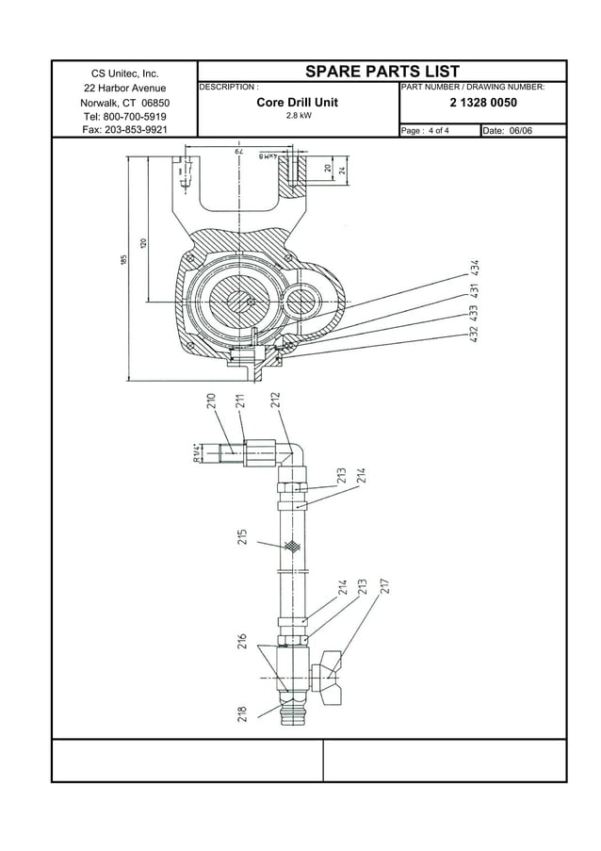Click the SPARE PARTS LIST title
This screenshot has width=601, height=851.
point(382,72)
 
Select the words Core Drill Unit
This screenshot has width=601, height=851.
point(298,102)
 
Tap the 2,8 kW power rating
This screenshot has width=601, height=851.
point(298,116)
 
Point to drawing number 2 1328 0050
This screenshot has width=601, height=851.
point(483,102)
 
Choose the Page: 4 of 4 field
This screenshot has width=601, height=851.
point(425,130)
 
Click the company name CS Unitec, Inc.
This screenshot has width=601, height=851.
point(124,74)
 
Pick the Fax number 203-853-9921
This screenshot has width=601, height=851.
point(124,130)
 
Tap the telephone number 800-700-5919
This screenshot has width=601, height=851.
point(124,116)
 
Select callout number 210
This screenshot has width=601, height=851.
point(212,403)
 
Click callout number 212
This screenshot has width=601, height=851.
point(275,403)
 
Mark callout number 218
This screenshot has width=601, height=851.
point(242,714)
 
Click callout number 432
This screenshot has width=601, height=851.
point(477,332)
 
